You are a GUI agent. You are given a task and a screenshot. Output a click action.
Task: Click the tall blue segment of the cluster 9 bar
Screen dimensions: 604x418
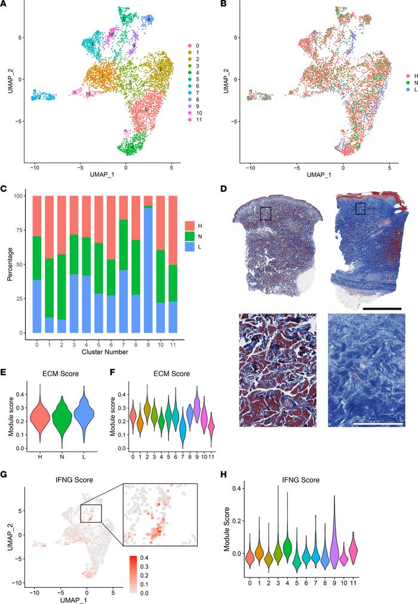[x=147, y=275]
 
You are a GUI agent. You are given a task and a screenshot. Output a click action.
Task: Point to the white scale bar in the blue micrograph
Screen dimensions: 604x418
[x=376, y=426]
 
